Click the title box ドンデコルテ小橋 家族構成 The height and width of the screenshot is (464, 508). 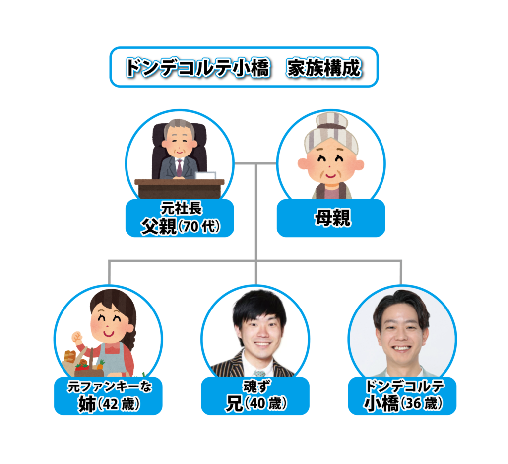tap(244, 68)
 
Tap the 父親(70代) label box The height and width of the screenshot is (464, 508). tap(179, 219)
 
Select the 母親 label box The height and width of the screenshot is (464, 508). tap(330, 218)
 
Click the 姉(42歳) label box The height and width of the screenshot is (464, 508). tap(108, 396)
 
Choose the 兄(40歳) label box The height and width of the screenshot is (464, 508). tap(255, 396)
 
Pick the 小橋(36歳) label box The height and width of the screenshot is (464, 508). tap(402, 396)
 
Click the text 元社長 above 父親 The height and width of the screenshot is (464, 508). tap(179, 208)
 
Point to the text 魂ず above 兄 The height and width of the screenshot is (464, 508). tap(255, 386)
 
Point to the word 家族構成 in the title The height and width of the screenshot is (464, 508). tap(323, 68)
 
